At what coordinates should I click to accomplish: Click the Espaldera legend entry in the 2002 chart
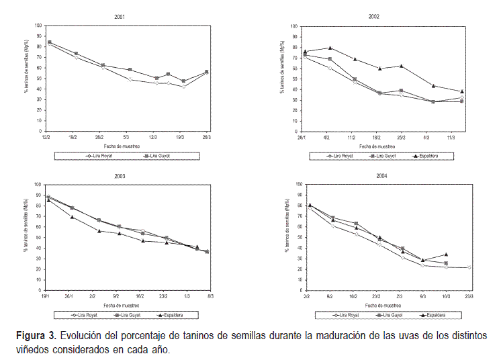(435, 156)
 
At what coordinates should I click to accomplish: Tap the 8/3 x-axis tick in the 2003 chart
(210, 296)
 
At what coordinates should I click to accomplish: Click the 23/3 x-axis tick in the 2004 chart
(469, 296)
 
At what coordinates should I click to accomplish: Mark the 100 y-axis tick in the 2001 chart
(38, 26)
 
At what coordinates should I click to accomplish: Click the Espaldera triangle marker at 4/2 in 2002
(330, 48)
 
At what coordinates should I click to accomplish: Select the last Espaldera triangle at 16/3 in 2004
(446, 255)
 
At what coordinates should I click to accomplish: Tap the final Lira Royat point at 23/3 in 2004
(469, 267)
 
